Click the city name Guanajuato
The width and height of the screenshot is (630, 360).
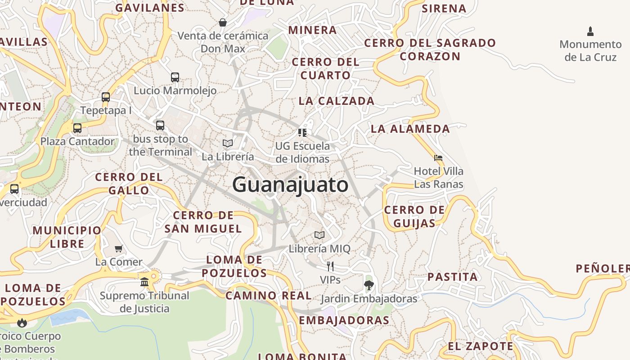290,185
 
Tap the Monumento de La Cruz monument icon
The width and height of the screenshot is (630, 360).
590,31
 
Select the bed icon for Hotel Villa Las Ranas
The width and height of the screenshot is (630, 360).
438,158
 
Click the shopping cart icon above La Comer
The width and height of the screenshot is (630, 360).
119,249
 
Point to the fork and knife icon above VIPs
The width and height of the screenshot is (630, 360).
330,266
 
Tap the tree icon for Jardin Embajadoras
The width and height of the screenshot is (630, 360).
369,285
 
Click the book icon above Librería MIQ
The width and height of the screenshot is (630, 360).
319,235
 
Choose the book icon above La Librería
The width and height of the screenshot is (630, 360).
228,143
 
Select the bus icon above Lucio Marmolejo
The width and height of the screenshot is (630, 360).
175,77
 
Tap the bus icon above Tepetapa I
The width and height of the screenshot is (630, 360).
106,97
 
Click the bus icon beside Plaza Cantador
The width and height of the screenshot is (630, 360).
77,128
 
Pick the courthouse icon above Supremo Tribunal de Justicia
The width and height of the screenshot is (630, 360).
144,282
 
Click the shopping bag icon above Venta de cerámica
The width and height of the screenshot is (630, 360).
222,22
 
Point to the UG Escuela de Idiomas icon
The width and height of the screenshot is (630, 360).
302,132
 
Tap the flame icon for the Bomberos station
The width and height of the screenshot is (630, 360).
22,323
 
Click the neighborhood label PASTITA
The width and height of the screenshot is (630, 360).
452,277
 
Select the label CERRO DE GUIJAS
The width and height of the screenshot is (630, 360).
414,216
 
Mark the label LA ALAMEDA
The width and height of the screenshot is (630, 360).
410,129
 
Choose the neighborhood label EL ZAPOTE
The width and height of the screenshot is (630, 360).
480,346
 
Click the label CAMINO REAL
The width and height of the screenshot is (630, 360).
268,296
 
